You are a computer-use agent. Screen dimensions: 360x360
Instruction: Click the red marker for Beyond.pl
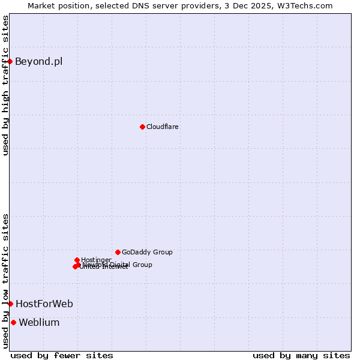[x=10, y=61]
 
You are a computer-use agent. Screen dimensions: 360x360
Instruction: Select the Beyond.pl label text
[x=38, y=61]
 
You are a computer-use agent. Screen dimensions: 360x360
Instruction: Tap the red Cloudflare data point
[x=142, y=127]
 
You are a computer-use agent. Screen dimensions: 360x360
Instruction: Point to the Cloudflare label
[x=163, y=127]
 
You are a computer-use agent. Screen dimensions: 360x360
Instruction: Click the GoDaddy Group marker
[x=118, y=252]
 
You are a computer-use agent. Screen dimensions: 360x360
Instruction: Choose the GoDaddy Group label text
[x=147, y=252]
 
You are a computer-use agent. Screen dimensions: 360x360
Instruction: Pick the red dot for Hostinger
[x=77, y=260]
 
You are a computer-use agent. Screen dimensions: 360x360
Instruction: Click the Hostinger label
[x=96, y=260]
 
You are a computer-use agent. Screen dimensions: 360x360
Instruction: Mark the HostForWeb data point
[x=10, y=304]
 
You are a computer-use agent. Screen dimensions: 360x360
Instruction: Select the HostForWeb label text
[x=44, y=304]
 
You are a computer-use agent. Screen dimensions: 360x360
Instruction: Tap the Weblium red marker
[x=13, y=322]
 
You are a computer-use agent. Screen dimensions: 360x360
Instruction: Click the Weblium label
[x=39, y=322]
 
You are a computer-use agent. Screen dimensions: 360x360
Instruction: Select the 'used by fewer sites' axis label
[x=62, y=355]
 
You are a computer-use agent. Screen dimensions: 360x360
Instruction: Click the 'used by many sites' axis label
[x=301, y=355]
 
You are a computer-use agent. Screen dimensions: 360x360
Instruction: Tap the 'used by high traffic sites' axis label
[x=5, y=85]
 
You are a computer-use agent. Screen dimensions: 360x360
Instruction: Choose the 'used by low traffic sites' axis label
[x=5, y=280]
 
